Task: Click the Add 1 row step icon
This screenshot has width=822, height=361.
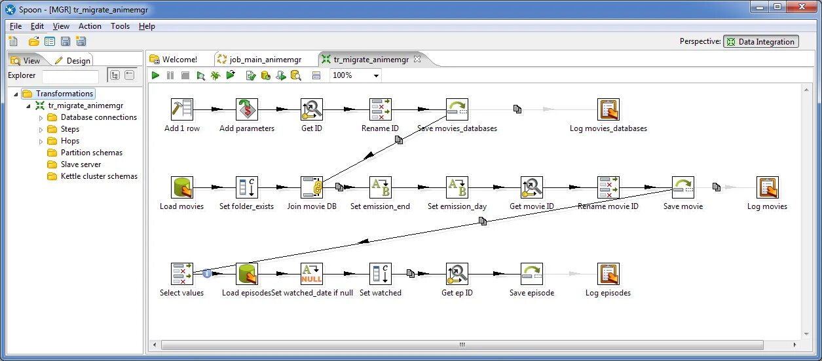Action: click(181, 109)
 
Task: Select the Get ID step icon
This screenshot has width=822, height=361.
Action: click(312, 109)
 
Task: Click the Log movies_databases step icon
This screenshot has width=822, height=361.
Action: click(608, 109)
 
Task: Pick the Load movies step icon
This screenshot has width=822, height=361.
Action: click(181, 187)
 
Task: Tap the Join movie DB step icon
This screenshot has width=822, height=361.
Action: click(312, 187)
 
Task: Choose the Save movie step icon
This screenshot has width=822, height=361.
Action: click(683, 187)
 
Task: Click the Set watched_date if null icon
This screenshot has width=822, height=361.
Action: click(312, 274)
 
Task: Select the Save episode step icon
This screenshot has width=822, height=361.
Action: click(532, 274)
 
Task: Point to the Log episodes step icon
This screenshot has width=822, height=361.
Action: click(608, 274)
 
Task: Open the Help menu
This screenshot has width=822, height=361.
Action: click(147, 26)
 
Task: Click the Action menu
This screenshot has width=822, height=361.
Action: click(90, 26)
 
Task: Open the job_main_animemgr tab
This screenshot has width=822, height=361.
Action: click(265, 60)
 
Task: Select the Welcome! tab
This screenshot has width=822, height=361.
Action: click(179, 60)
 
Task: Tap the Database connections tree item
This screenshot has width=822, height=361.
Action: click(98, 117)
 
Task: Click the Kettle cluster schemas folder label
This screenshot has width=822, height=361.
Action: click(99, 176)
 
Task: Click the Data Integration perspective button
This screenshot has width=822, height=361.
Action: click(760, 42)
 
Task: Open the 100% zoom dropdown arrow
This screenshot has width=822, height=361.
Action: click(376, 76)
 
